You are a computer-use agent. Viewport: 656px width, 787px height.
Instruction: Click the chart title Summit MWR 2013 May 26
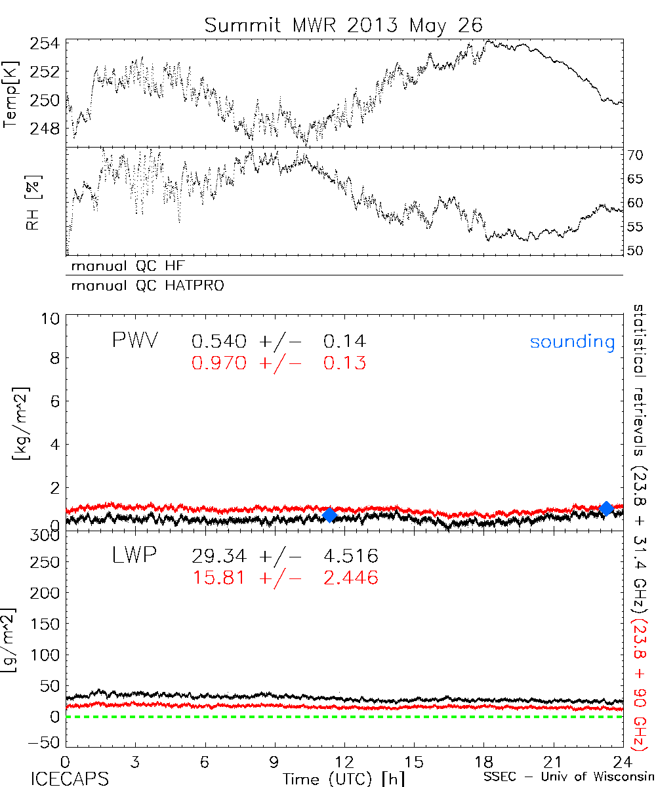click(x=343, y=25)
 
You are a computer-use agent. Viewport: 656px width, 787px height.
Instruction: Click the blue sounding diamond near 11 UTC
click(x=329, y=515)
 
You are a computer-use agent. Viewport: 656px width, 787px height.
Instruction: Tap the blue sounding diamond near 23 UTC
click(x=607, y=508)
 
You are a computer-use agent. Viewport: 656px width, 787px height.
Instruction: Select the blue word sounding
click(x=573, y=342)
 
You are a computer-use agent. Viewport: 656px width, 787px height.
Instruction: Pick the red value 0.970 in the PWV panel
click(x=220, y=363)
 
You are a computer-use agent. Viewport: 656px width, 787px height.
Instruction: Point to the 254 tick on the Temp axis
click(x=45, y=44)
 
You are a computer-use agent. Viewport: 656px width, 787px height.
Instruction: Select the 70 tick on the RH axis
click(x=636, y=155)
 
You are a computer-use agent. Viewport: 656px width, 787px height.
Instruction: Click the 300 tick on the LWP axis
click(x=46, y=535)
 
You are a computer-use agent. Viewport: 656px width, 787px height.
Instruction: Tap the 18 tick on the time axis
click(x=483, y=761)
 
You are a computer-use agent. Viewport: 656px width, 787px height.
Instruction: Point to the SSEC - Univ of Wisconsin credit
click(x=569, y=778)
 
